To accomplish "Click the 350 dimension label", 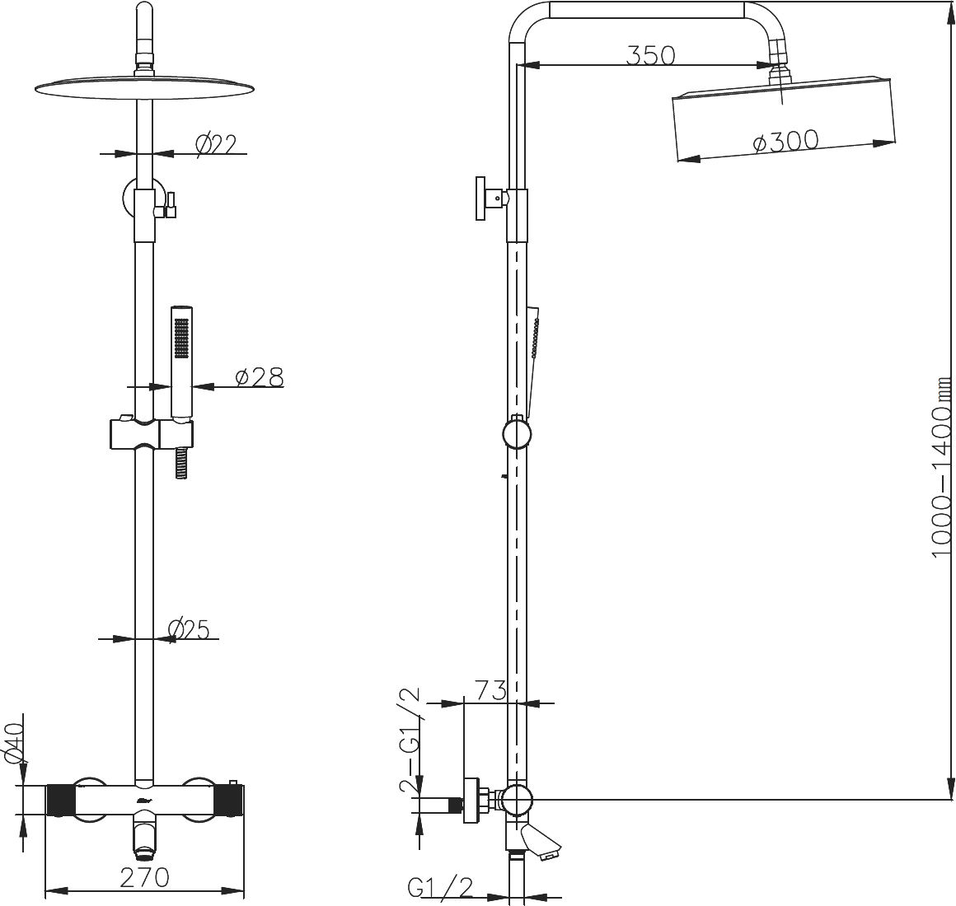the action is (651, 55).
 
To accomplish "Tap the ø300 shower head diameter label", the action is (786, 142).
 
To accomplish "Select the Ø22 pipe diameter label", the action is (215, 144).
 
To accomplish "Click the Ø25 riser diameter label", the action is (189, 628).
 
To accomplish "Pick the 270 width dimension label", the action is (144, 877).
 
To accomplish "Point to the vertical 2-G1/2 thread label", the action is (410, 740).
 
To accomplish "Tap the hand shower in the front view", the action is (181, 363).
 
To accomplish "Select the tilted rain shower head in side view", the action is (784, 119).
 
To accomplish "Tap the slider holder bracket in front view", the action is (151, 435).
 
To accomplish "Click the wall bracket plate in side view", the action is (480, 198).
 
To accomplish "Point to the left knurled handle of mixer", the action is (60, 800).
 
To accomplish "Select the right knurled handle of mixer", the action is (230, 800).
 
